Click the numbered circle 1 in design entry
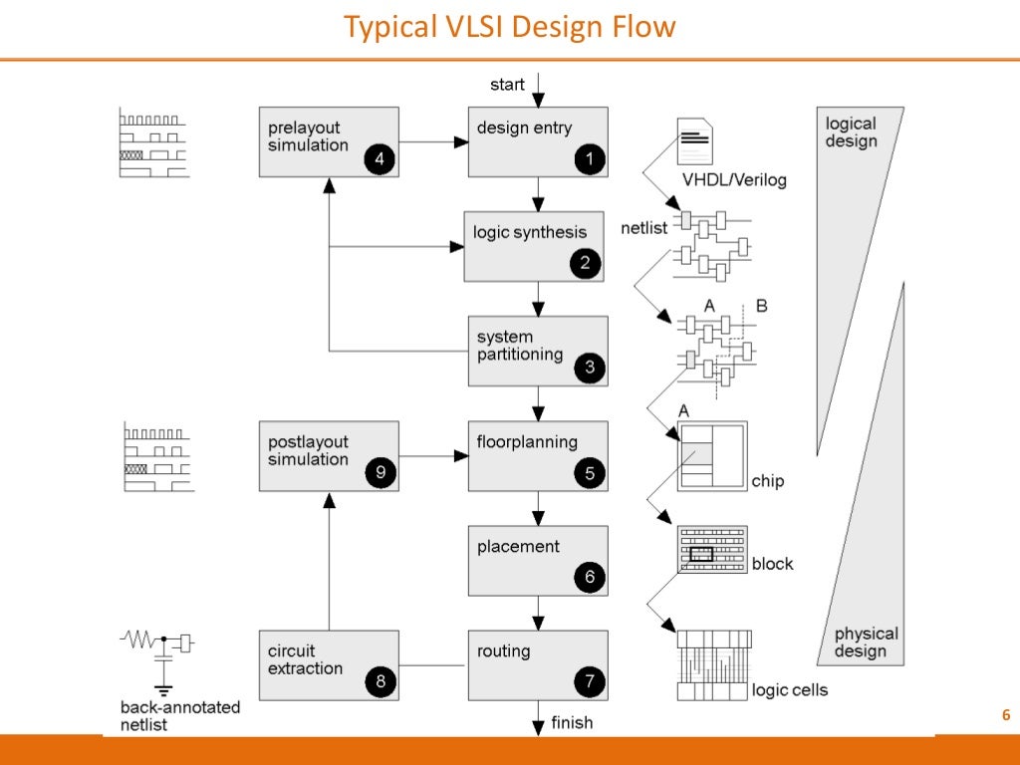589,158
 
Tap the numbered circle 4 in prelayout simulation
378,158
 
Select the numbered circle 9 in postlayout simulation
379,473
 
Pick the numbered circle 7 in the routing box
589,682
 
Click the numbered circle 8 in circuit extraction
379,682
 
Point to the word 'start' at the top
507,85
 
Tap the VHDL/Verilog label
734,180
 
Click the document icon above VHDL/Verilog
694,141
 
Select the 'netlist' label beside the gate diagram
643,228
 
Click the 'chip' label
768,481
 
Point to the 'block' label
772,564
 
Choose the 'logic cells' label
790,690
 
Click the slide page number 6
1005,715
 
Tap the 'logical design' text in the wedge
851,132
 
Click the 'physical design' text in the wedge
866,642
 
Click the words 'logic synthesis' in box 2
530,232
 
